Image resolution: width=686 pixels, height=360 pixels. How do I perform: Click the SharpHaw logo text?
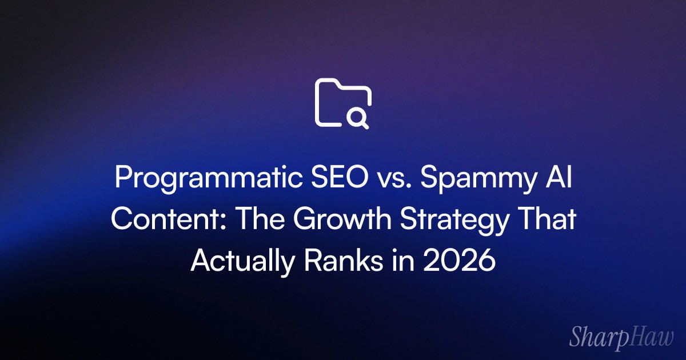[620, 337]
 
